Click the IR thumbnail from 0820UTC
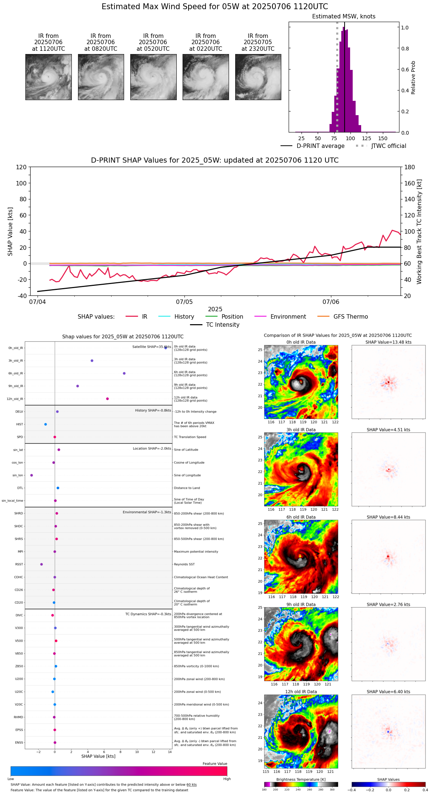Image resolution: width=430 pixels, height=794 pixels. (x=101, y=77)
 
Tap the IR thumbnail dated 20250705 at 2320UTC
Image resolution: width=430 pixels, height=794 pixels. (x=258, y=77)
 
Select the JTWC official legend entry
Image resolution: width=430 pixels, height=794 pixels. (x=388, y=146)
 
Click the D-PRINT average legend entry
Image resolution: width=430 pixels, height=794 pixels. (x=320, y=146)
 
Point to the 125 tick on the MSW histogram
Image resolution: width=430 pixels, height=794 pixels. (x=366, y=138)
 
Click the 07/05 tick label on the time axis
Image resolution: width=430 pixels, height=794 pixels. (x=184, y=302)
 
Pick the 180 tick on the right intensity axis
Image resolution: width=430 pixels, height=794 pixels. (x=410, y=167)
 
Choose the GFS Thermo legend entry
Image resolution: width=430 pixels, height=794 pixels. (x=350, y=317)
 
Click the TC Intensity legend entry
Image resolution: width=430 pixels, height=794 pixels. (x=222, y=325)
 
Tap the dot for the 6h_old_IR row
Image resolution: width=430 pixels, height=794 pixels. (x=124, y=373)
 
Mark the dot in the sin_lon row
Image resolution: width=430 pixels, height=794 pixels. (x=32, y=475)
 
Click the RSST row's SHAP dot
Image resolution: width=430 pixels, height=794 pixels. (x=42, y=564)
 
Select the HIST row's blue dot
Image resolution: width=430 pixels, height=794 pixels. (x=46, y=424)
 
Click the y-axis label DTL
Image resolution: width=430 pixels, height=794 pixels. (x=20, y=488)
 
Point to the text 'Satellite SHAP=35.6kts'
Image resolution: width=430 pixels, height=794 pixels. (x=152, y=347)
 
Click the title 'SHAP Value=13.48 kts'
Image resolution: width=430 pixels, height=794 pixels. (x=388, y=342)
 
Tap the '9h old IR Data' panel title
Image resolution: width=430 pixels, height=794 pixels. (x=301, y=605)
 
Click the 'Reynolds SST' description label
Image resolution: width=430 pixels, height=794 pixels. (x=184, y=564)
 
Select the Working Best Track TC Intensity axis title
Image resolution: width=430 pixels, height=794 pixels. (x=419, y=232)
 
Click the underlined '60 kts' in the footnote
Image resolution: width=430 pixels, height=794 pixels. (x=191, y=785)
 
